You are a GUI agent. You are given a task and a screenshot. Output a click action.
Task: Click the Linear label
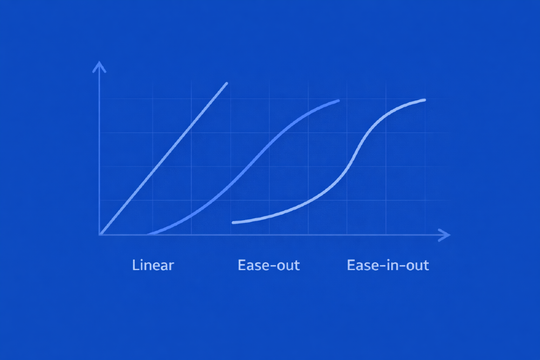[x=153, y=266]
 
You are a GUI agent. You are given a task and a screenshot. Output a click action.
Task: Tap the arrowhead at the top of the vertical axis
[x=99, y=66]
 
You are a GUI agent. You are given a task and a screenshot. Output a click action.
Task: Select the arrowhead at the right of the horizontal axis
[x=446, y=235]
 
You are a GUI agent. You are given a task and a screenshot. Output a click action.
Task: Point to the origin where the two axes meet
[x=100, y=235]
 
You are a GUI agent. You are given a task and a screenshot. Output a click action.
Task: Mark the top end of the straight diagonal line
[x=226, y=83]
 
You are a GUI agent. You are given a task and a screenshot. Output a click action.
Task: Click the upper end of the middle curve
[x=338, y=100]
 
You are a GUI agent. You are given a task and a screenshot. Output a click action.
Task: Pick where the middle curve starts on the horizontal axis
[x=147, y=234]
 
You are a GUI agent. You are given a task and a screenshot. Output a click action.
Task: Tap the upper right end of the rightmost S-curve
[x=424, y=99]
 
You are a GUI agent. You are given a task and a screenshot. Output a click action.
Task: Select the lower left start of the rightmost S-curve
[x=233, y=222]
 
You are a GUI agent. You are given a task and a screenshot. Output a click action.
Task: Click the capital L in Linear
[x=136, y=266]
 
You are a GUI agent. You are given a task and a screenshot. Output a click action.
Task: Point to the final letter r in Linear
[x=171, y=266]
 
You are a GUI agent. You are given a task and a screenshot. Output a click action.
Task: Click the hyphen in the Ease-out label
[x=271, y=267]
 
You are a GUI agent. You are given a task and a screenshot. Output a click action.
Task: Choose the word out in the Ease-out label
[x=287, y=266]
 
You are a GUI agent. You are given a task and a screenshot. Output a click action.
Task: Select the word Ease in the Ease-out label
[x=253, y=266]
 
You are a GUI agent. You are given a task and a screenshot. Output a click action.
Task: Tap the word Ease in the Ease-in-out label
[x=362, y=266]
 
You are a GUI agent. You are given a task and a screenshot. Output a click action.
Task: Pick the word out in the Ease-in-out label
[x=416, y=266]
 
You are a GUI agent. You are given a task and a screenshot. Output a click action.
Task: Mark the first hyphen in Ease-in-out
[x=380, y=267]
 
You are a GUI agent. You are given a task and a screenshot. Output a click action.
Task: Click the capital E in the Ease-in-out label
[x=351, y=266]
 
